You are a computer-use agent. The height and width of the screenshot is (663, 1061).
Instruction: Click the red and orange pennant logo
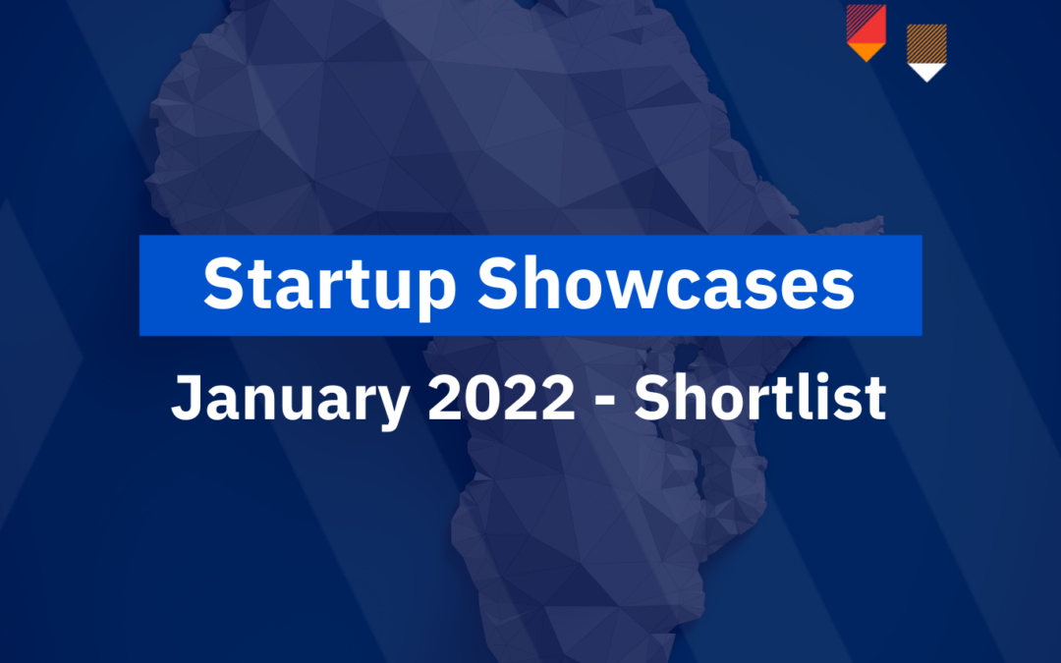coord(866,32)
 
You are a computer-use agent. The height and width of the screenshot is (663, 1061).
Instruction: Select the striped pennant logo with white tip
coord(926,51)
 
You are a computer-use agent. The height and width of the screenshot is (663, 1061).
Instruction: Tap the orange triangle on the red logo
coord(866,51)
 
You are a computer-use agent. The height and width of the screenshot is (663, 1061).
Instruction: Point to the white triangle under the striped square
coord(926,70)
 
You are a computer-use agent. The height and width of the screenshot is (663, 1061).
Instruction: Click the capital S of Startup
coord(223,284)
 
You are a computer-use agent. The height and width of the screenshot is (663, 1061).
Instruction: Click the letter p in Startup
coord(439,292)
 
